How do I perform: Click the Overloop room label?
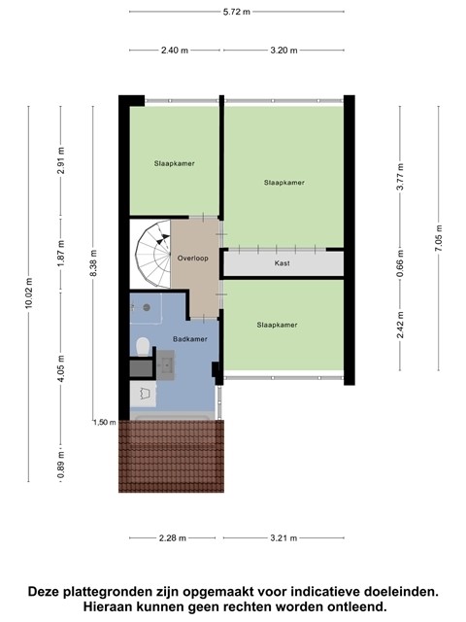192,259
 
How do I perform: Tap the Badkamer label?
190,339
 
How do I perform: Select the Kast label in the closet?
283,263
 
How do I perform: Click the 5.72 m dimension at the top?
237,12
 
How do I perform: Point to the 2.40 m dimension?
175,51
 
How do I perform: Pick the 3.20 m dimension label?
283,51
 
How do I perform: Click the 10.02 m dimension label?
28,294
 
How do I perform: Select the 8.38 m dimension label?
93,263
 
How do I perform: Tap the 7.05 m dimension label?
439,238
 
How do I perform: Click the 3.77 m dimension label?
400,177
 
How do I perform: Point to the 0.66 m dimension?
400,263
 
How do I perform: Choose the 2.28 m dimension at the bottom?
173,538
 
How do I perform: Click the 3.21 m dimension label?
283,538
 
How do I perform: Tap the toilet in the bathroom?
142,346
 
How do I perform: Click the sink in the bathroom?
165,365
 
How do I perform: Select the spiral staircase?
153,255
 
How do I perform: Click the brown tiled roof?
171,456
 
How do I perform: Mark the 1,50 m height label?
105,422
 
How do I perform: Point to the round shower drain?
147,307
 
